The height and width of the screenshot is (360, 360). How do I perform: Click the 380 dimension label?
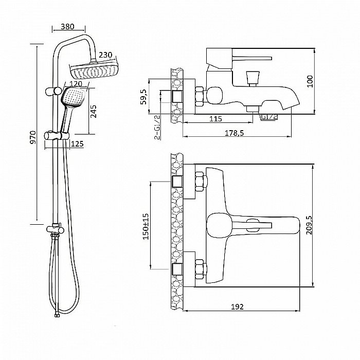(x=67, y=27)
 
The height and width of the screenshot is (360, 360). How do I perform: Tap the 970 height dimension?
(x=33, y=137)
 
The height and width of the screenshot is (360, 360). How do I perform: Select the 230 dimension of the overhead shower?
(x=105, y=55)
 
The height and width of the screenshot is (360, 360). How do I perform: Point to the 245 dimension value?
(x=93, y=112)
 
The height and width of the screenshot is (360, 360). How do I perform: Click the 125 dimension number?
(x=77, y=144)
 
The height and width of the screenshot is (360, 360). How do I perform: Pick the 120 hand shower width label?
(x=76, y=84)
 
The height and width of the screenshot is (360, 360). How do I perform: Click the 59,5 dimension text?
(x=143, y=97)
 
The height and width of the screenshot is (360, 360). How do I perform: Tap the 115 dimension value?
(x=215, y=119)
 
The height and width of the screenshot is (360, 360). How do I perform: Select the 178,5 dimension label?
(x=234, y=133)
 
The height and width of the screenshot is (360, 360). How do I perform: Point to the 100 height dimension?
(x=310, y=81)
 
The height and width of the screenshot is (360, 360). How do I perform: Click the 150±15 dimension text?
(x=146, y=227)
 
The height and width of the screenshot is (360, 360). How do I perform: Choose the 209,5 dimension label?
(x=309, y=225)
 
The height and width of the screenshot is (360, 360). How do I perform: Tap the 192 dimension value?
(x=237, y=307)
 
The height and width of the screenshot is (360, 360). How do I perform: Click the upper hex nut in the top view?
(x=200, y=182)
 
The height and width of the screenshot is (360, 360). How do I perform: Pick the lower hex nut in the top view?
(x=200, y=269)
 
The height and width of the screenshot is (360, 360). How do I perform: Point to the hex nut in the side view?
(x=200, y=96)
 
